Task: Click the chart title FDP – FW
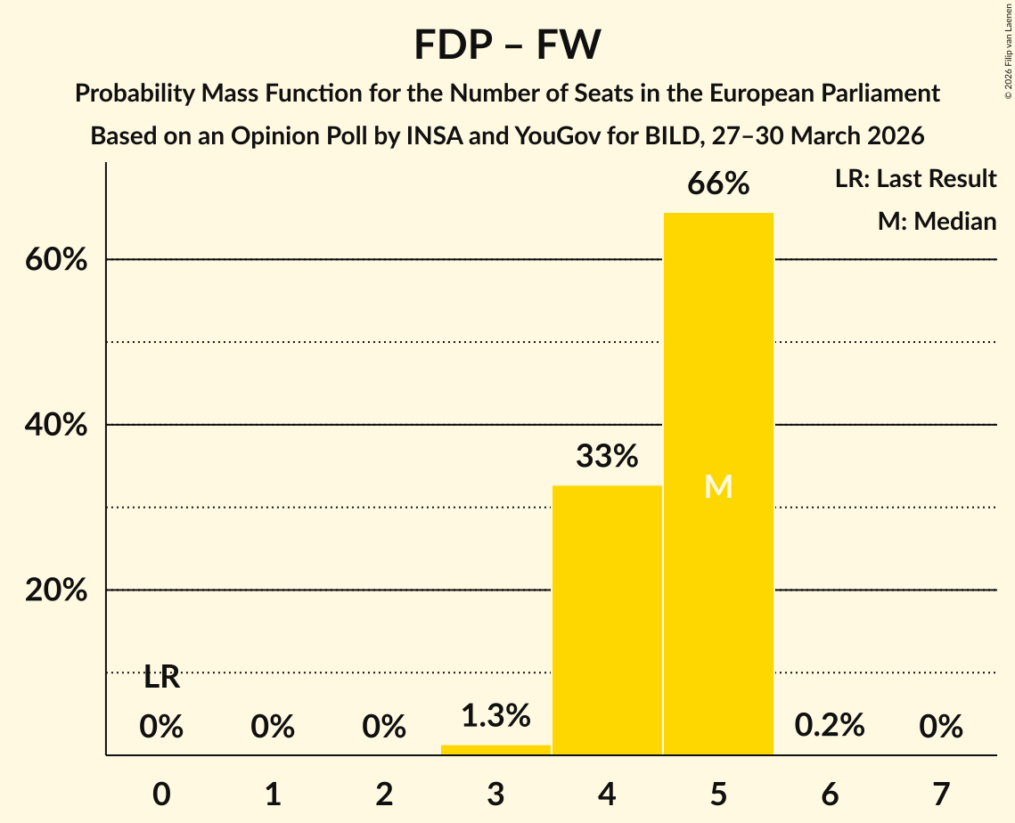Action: [x=507, y=45]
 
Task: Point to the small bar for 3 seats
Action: [x=495, y=750]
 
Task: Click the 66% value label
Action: [x=718, y=184]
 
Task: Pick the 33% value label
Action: [x=607, y=457]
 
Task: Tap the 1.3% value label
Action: [x=495, y=714]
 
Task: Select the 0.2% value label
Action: [x=830, y=725]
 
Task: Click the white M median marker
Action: [x=718, y=486]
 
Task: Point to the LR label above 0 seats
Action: [x=161, y=678]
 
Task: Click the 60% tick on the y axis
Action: [x=56, y=260]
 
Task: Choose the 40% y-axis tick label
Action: [x=56, y=426]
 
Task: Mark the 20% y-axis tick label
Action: [x=56, y=591]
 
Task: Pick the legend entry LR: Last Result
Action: [x=915, y=179]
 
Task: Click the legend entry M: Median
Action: [x=937, y=221]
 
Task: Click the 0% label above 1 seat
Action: [x=273, y=727]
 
